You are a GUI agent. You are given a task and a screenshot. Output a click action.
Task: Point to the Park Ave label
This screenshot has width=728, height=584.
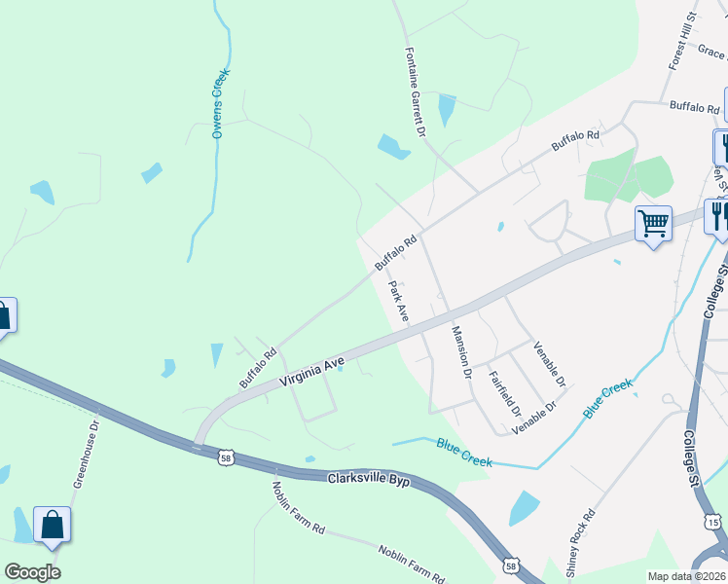(399, 302)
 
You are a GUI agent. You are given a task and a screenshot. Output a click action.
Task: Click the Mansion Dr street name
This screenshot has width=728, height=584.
(461, 352)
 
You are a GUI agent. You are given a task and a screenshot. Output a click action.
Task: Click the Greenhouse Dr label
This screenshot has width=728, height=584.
(88, 455)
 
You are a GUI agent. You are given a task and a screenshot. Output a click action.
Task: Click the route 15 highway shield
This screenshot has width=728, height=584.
(713, 524)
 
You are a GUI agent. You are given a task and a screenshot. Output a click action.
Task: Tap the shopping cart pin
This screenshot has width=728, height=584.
(653, 225)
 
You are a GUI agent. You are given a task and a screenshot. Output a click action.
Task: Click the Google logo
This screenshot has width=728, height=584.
(32, 571)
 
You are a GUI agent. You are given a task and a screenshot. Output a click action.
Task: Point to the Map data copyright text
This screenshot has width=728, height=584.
(687, 576)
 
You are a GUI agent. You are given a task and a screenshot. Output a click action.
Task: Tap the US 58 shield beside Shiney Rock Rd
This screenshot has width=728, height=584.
(510, 565)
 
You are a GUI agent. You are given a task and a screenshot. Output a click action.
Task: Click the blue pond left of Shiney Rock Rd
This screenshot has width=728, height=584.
(524, 508)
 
